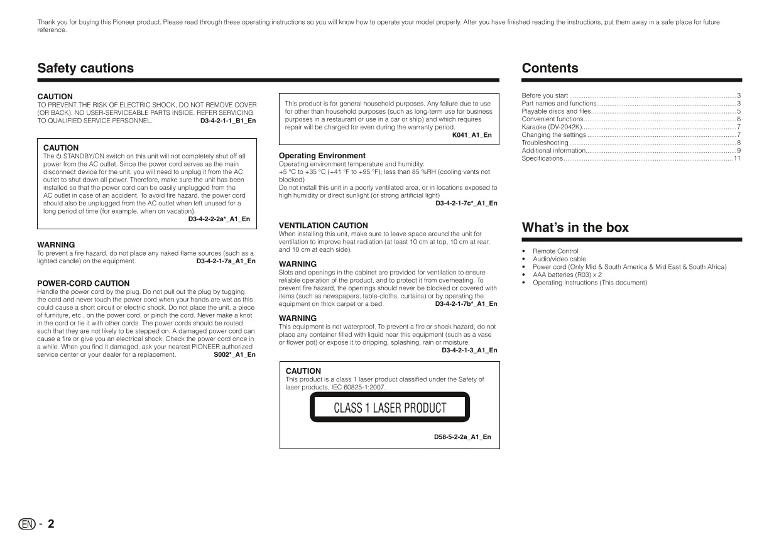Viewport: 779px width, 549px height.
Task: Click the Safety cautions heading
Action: [85, 68]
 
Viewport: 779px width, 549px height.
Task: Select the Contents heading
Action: [550, 68]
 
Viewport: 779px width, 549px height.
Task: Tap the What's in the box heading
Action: [575, 228]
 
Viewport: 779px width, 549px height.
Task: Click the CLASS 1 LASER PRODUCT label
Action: [389, 408]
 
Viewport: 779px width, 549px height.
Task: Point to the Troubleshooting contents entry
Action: [545, 143]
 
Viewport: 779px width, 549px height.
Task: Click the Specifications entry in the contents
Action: [542, 158]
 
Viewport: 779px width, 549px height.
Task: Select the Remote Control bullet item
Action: [555, 251]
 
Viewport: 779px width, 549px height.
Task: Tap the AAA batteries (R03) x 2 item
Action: [567, 274]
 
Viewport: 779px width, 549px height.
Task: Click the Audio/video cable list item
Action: [559, 259]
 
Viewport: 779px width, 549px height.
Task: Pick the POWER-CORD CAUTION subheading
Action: [83, 283]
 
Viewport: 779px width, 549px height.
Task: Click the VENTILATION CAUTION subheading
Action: [323, 226]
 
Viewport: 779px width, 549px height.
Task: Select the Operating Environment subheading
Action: [322, 156]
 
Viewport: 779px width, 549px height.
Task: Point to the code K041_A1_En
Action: [472, 135]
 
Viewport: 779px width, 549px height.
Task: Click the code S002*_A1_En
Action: [234, 354]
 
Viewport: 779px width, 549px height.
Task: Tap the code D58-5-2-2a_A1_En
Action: [462, 437]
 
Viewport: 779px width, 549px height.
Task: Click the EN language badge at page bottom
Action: [26, 525]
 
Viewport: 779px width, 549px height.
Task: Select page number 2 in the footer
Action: [51, 524]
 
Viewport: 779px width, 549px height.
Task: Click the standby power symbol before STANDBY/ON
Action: [58, 156]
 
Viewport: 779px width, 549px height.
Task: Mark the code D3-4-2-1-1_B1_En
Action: [227, 121]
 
